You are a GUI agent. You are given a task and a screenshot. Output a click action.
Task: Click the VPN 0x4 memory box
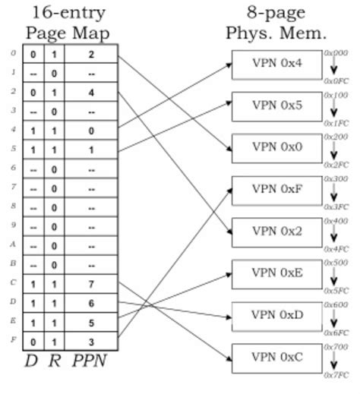pyautogui.click(x=277, y=64)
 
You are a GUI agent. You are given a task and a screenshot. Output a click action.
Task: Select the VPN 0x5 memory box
pyautogui.click(x=277, y=106)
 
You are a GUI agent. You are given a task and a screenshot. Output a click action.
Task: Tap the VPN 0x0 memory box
pyautogui.click(x=277, y=147)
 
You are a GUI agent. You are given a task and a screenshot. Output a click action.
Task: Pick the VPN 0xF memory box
pyautogui.click(x=277, y=190)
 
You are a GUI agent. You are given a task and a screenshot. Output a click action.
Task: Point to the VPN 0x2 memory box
pyautogui.click(x=277, y=232)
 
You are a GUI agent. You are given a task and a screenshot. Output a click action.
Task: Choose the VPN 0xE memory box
pyautogui.click(x=277, y=273)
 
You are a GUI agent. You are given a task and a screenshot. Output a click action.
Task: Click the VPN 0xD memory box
pyautogui.click(x=277, y=315)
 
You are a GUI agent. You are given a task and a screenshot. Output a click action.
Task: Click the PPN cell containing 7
pyautogui.click(x=91, y=283)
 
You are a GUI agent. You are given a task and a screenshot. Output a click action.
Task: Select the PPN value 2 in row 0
pyautogui.click(x=91, y=55)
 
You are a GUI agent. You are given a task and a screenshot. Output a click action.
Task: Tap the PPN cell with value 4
pyautogui.click(x=91, y=93)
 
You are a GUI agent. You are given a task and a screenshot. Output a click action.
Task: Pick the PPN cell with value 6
pyautogui.click(x=91, y=302)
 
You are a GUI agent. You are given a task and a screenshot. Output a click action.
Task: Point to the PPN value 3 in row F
pyautogui.click(x=91, y=340)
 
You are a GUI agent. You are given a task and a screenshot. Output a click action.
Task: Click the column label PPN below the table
pyautogui.click(x=90, y=364)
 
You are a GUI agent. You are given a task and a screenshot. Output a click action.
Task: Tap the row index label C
pyautogui.click(x=12, y=282)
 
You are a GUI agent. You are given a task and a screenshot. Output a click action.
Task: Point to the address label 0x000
pyautogui.click(x=335, y=52)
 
